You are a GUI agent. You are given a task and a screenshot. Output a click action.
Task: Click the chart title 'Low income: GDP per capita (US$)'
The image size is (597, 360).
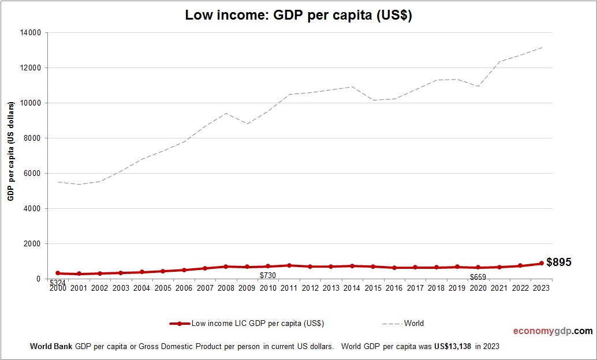pos(298,16)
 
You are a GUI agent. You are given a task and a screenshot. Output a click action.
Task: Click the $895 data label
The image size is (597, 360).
pos(558,262)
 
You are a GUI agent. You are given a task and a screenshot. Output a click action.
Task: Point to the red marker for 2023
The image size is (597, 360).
pos(542,263)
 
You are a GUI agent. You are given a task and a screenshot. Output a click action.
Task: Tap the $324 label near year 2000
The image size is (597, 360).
pos(57,283)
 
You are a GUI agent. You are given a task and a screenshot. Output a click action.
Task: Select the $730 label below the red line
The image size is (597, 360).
pos(267,276)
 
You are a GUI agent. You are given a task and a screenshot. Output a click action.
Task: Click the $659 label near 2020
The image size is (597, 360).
pos(477,277)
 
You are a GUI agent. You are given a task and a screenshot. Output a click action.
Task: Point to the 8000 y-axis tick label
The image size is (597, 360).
pos(31,138)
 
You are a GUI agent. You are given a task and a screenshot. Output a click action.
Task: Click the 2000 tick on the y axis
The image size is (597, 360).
pos(31,244)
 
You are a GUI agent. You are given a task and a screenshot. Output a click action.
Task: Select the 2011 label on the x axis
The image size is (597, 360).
pos(289,287)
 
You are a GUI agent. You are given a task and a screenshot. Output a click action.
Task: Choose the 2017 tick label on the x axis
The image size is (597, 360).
pos(415,287)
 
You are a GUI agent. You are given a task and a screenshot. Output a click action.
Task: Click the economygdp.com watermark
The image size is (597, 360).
pos(553,331)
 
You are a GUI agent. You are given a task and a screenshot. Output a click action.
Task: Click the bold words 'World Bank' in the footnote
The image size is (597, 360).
pos(51,347)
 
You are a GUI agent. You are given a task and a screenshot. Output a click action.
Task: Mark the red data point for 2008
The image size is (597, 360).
pos(226,267)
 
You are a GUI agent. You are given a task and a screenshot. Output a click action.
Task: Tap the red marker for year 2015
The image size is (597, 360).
pos(373,267)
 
